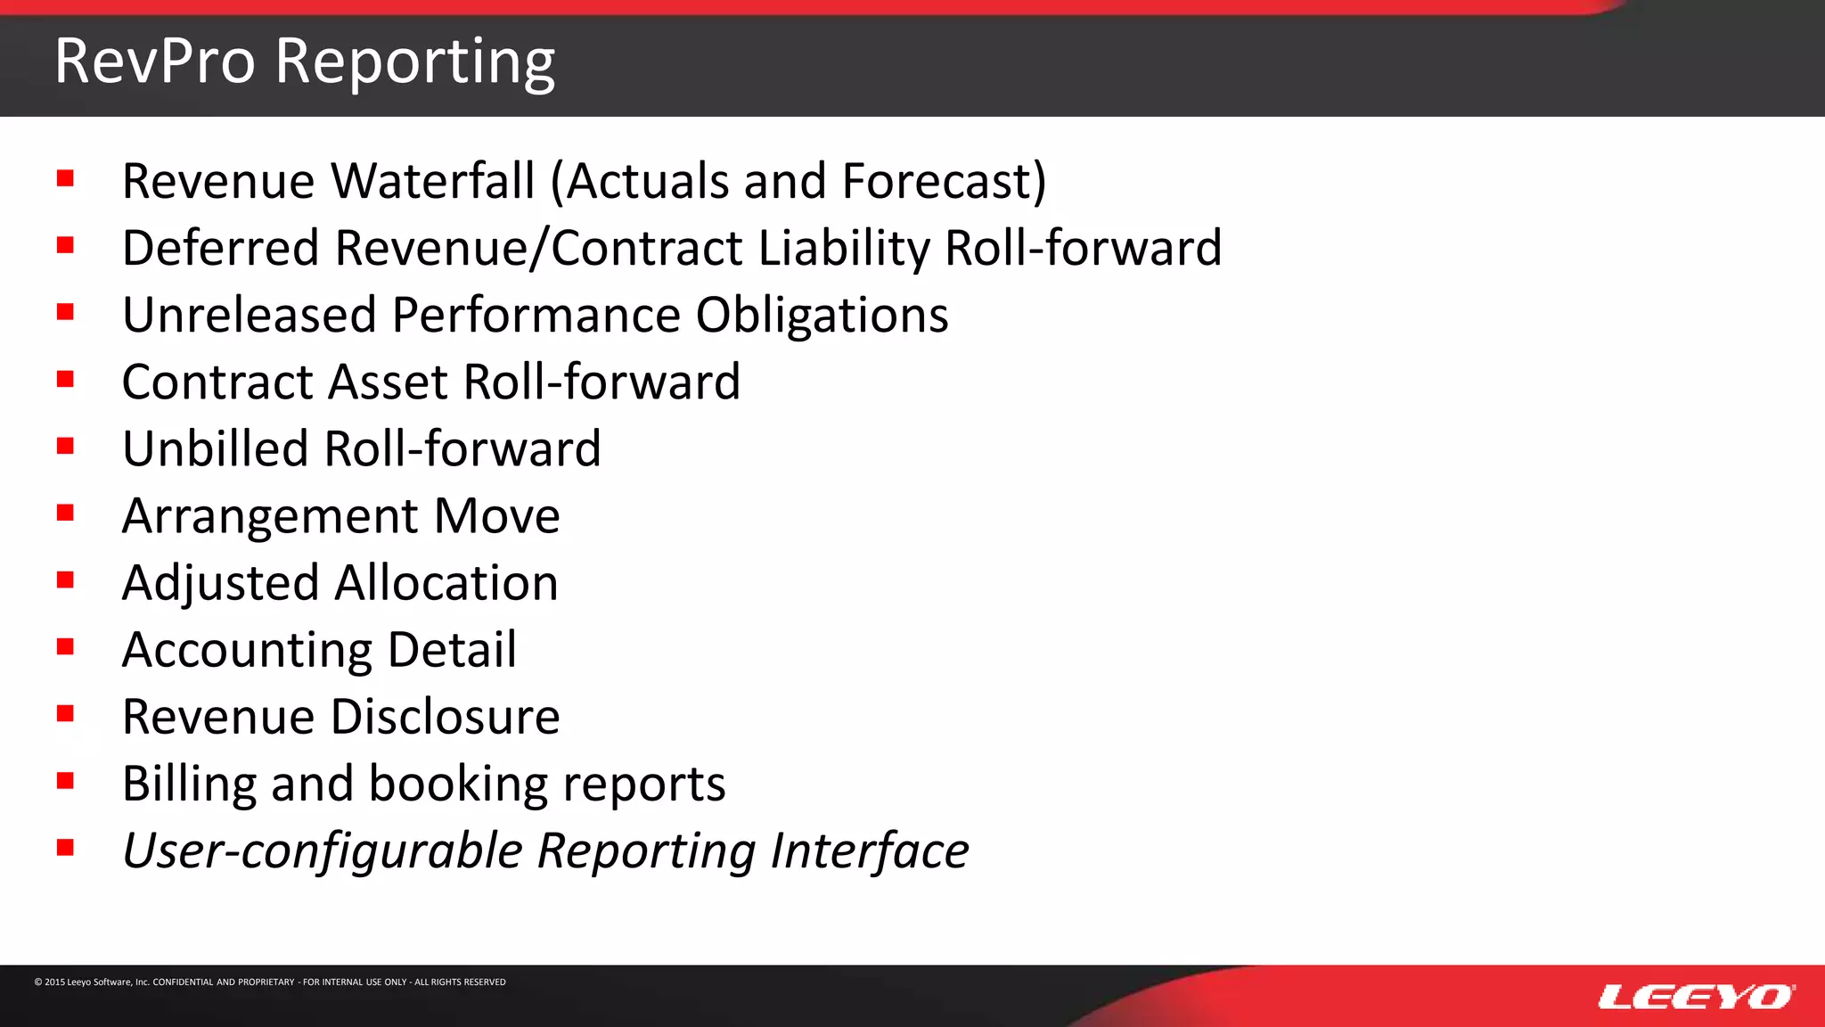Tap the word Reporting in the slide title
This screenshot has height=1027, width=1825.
pos(414,62)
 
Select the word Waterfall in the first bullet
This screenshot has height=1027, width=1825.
pos(433,181)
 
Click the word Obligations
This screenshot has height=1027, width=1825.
pos(822,316)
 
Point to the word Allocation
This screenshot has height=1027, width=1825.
pos(446,583)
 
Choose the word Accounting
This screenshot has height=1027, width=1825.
pos(247,651)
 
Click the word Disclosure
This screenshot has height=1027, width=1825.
pos(446,717)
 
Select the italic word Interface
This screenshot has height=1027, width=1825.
pos(869,850)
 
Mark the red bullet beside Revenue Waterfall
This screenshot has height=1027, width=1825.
pos(65,178)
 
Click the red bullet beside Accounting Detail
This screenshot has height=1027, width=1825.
pos(65,647)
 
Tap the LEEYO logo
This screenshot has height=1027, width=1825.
pos(1696,997)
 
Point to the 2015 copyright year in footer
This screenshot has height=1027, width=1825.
pos(55,982)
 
